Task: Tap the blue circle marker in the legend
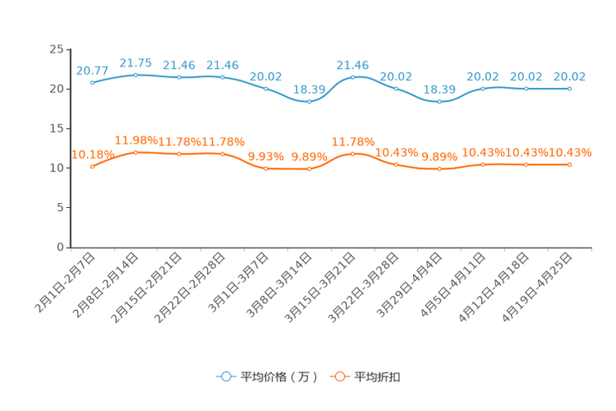point(225,376)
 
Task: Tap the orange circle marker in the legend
point(339,376)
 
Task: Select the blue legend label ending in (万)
point(279,377)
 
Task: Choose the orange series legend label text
point(378,377)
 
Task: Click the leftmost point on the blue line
point(92,82)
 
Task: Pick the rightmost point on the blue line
point(570,88)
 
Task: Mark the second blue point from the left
point(136,75)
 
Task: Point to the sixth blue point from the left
point(309,101)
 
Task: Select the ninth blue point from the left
point(439,101)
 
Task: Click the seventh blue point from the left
point(353,77)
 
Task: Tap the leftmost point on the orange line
point(92,167)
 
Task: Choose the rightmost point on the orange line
point(570,165)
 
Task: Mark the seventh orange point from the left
point(353,153)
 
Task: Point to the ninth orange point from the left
point(439,169)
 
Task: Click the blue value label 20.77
point(91,70)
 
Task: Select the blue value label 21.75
point(135,62)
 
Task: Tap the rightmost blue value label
point(570,76)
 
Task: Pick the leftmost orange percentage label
point(92,153)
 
